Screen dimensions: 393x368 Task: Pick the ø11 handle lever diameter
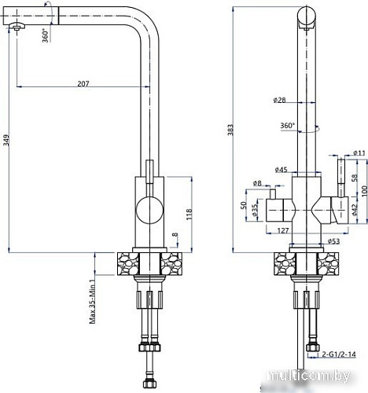point(359,152)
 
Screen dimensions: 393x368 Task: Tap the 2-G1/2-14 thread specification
point(338,354)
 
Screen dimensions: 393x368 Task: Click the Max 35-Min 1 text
point(92,301)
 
